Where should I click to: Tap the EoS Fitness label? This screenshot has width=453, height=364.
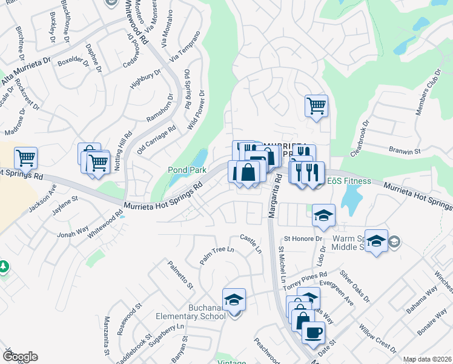tap(350, 181)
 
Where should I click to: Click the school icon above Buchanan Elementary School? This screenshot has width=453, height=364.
tap(234, 300)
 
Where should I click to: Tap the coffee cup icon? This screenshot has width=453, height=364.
tap(313, 332)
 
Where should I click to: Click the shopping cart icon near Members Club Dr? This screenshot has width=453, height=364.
tap(316, 106)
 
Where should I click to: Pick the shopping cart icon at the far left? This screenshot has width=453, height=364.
tap(25, 158)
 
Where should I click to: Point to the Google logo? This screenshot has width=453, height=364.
tap(20, 356)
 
